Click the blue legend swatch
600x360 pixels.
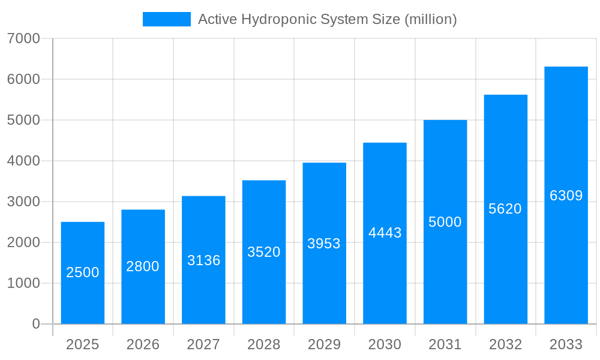[x=166, y=19]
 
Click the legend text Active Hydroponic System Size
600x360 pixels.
[x=327, y=19]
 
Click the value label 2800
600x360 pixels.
[x=143, y=266]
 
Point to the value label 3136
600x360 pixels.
[x=203, y=260]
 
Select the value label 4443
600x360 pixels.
[x=385, y=233]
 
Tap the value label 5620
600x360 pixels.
[x=505, y=209]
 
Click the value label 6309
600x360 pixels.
[x=566, y=196]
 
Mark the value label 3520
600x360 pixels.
[x=264, y=252]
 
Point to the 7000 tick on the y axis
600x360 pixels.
[x=23, y=38]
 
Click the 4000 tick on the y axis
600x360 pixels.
[x=23, y=161]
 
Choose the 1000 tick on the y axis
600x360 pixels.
[x=23, y=283]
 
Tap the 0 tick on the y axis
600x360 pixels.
[x=35, y=324]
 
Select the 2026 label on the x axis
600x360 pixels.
[x=143, y=344]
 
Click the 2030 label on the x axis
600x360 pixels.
[x=385, y=344]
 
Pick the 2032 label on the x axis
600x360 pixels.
[x=505, y=344]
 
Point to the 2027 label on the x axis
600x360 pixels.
[x=203, y=344]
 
